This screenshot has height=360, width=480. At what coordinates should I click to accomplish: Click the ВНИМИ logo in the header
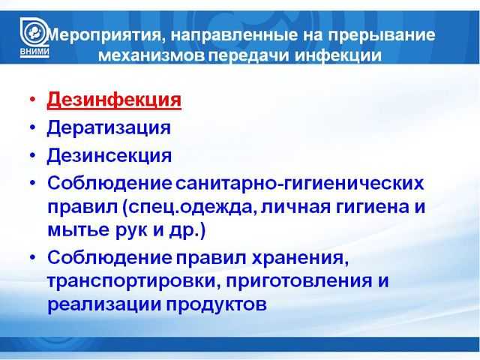pyautogui.click(x=34, y=37)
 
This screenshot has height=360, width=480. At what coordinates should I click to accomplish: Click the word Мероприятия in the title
pyautogui.click(x=103, y=35)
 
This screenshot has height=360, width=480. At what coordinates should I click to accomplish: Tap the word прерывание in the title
pyautogui.click(x=382, y=35)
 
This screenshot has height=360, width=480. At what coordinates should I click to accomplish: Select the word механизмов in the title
pyautogui.click(x=151, y=55)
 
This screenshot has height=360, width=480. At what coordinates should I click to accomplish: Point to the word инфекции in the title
pyautogui.click(x=338, y=55)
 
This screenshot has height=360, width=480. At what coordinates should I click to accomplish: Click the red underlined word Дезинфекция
pyautogui.click(x=114, y=100)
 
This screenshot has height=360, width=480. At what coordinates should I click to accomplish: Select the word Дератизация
pyautogui.click(x=109, y=127)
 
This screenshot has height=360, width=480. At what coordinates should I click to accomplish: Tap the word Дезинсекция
pyautogui.click(x=109, y=155)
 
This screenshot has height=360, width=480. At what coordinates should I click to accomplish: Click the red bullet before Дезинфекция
pyautogui.click(x=33, y=99)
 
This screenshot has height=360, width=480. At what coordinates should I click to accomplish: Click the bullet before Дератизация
pyautogui.click(x=33, y=127)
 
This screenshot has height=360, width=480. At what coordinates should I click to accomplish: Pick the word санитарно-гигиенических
pyautogui.click(x=300, y=183)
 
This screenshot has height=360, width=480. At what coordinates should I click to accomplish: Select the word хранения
pyautogui.click(x=300, y=258)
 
